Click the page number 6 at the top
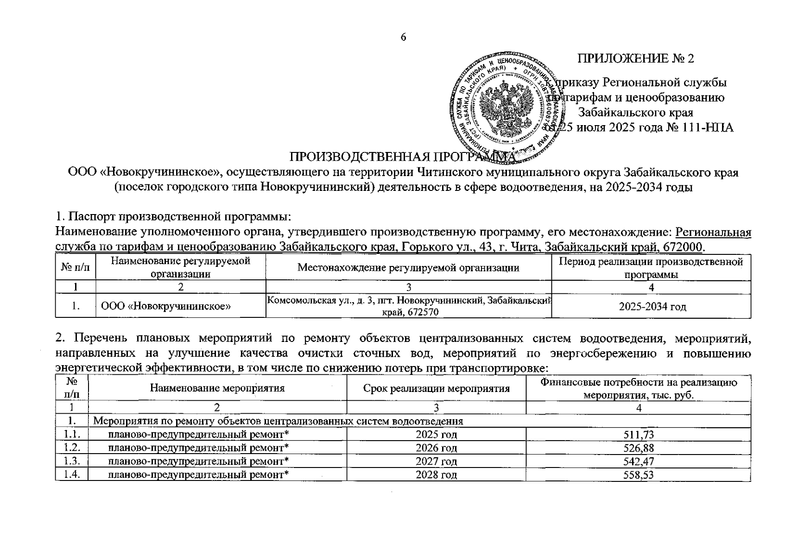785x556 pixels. [x=403, y=38]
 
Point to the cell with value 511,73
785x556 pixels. [x=638, y=435]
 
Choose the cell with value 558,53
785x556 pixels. [x=638, y=475]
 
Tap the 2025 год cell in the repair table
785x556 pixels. [x=436, y=435]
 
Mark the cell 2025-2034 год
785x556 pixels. [x=652, y=307]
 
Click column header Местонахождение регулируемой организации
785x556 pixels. [x=408, y=267]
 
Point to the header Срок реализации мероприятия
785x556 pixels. [x=436, y=388]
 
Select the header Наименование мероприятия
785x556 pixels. [x=217, y=388]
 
